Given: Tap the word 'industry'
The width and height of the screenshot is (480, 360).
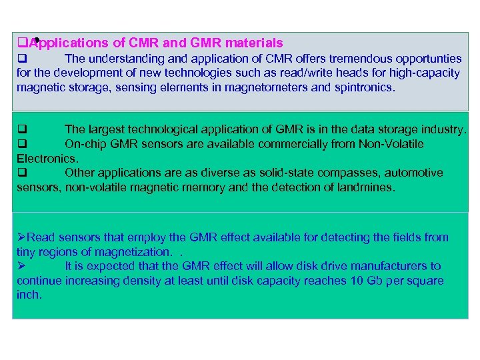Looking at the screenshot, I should (x=443, y=129).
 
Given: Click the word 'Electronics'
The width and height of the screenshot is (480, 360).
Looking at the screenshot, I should (x=47, y=159).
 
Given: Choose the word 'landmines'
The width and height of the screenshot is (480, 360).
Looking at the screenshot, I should (x=365, y=188).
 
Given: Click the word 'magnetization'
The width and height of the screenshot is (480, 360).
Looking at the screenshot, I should (x=133, y=252).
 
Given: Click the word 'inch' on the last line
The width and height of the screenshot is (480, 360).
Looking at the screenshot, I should (x=28, y=295).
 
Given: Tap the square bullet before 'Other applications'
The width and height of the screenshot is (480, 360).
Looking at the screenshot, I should (x=21, y=173).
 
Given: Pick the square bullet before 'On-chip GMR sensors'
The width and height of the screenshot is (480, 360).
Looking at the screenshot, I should (x=21, y=144).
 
